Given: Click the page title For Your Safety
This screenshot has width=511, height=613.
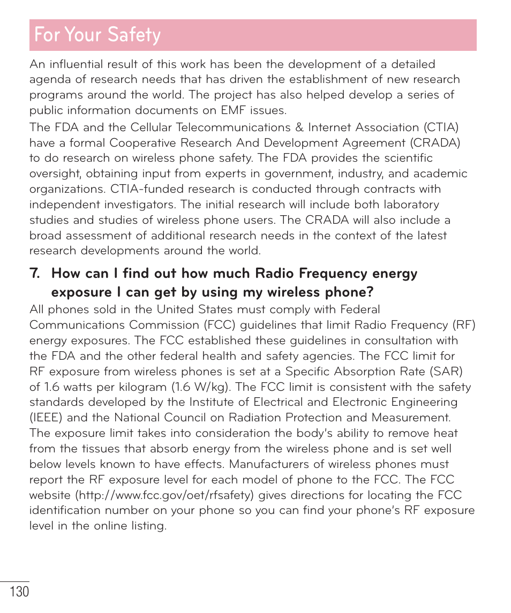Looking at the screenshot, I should (x=97, y=35).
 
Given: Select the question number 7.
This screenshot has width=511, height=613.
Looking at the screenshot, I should (x=35, y=274).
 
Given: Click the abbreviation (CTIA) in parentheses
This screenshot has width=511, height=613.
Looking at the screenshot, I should (x=441, y=127).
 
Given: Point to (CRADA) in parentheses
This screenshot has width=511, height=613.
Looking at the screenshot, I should (x=435, y=143).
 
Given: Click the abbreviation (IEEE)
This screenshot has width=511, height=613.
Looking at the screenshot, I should (x=47, y=418).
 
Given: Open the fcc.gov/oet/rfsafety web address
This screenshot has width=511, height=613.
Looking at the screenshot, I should (x=165, y=495).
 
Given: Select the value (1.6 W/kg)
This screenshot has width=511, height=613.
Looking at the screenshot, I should (x=201, y=387).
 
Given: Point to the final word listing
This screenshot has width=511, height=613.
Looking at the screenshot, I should (x=148, y=526).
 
